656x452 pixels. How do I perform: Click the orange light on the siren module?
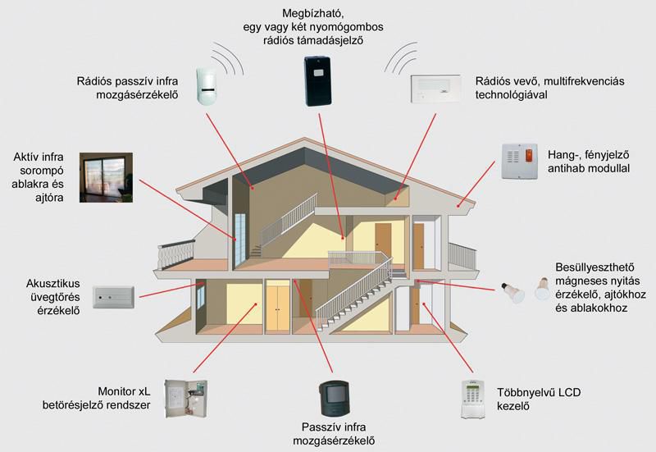pyautogui.click(x=529, y=154)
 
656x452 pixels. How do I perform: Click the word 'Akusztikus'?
pyautogui.click(x=53, y=284)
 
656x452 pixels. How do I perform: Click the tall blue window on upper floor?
pyautogui.click(x=239, y=238)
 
